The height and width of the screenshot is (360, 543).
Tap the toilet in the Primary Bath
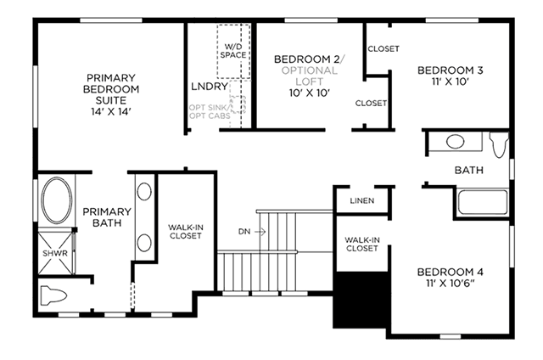(53, 295)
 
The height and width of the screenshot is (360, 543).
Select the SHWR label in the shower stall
(55, 253)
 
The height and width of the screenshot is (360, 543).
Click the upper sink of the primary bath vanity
(144, 191)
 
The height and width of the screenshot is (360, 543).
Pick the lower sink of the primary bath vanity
(144, 243)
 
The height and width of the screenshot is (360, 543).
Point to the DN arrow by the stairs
(260, 232)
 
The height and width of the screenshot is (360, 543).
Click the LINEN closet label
(362, 200)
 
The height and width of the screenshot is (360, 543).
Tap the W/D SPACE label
(233, 51)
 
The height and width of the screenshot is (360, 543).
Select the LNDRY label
(210, 87)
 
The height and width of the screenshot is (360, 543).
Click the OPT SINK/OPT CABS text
(210, 111)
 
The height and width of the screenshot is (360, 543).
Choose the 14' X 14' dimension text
(111, 111)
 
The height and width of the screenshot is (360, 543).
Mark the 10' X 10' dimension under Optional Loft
(309, 93)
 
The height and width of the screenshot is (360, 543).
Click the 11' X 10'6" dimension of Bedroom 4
(451, 284)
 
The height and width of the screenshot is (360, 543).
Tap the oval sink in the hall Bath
(455, 142)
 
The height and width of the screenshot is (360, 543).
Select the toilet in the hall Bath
(499, 144)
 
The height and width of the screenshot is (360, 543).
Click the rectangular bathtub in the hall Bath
(483, 202)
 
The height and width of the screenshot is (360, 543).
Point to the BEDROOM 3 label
(451, 70)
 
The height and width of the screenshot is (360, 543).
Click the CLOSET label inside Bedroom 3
(383, 49)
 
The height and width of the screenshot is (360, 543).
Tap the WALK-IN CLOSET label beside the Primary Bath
(186, 232)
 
